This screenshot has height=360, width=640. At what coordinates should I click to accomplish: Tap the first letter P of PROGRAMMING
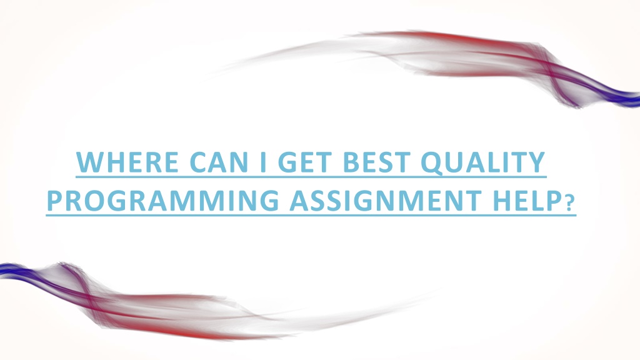55,201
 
